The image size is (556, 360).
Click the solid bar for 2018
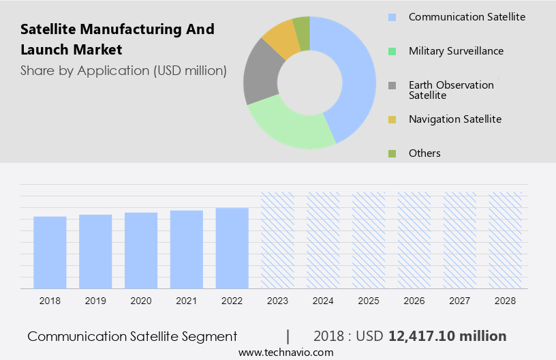coord(50,252)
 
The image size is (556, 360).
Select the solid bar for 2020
coord(141,250)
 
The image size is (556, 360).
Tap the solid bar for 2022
coord(232,248)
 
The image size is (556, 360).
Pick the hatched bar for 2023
coord(278,240)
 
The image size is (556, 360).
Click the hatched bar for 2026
coord(414,240)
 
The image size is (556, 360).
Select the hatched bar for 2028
coord(506,240)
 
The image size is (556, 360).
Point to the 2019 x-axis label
coord(95,301)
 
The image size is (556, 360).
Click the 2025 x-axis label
coord(369,301)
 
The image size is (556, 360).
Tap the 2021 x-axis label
coord(187,301)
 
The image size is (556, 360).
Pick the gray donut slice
coord(261,75)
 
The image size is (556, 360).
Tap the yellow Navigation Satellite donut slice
coord(281,40)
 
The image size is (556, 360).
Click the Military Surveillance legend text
coord(456,51)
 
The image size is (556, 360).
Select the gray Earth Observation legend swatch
coord(392,85)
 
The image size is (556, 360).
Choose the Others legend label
coord(424,153)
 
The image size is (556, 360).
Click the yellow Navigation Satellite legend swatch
coord(392,119)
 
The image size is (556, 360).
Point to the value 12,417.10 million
coord(447,336)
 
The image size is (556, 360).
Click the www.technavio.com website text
coord(285,352)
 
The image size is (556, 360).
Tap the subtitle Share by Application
coord(123,70)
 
